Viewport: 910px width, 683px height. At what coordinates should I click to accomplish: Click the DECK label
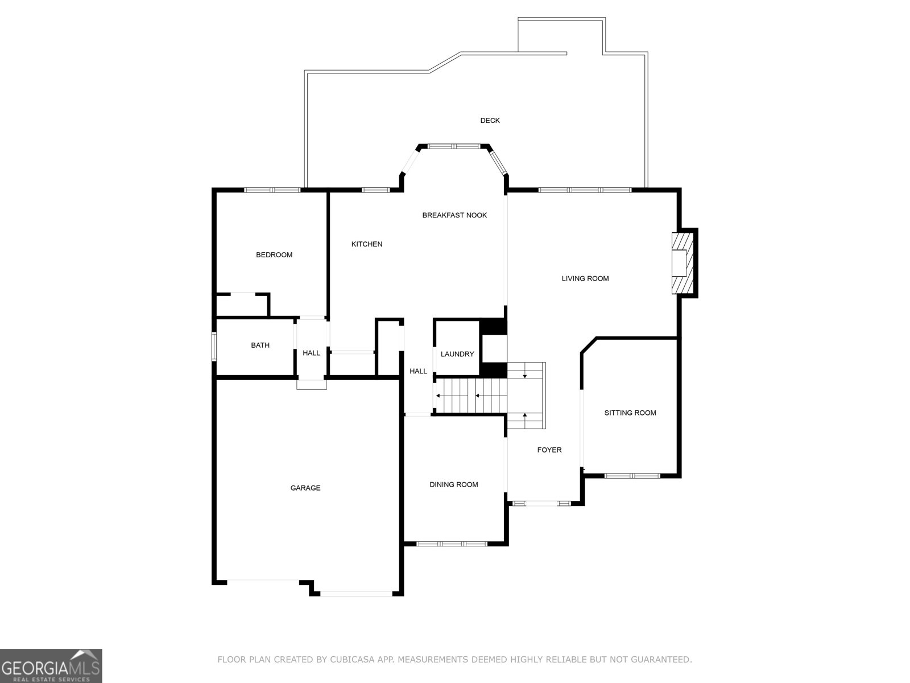point(490,121)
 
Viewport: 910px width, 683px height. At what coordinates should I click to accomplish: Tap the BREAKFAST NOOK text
point(454,215)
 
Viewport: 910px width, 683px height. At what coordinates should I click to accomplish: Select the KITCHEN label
point(367,244)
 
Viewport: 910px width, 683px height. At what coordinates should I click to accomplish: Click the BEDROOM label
point(274,255)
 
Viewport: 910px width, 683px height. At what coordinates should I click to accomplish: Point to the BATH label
point(260,345)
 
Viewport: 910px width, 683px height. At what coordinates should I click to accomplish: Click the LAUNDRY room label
point(457,354)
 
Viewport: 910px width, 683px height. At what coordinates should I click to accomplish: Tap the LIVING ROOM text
point(585,279)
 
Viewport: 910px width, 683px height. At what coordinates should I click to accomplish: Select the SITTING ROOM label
point(630,413)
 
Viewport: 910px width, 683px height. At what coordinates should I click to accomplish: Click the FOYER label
point(549,450)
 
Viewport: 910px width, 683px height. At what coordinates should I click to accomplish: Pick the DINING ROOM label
point(454,485)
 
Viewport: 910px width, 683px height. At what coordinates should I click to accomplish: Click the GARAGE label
point(305,488)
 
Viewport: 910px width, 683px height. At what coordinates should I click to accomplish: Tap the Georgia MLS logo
point(51,665)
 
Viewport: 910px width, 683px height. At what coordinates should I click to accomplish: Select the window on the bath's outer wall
point(214,347)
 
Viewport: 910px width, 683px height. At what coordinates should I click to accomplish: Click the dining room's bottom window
point(452,544)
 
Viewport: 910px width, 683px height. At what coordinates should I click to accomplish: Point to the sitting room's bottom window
point(632,475)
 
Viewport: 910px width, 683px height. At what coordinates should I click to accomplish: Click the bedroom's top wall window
point(272,190)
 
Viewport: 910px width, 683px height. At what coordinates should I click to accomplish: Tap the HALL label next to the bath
point(311,353)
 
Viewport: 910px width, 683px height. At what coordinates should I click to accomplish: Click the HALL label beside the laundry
point(418,372)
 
